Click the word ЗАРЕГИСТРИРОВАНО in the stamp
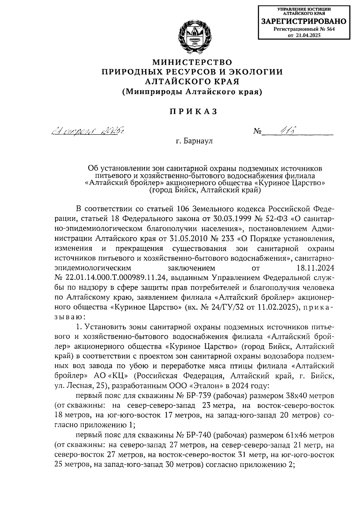[304, 22]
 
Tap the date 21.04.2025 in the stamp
[308, 35]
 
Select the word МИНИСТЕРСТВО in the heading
[192, 62]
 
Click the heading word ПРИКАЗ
[193, 111]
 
